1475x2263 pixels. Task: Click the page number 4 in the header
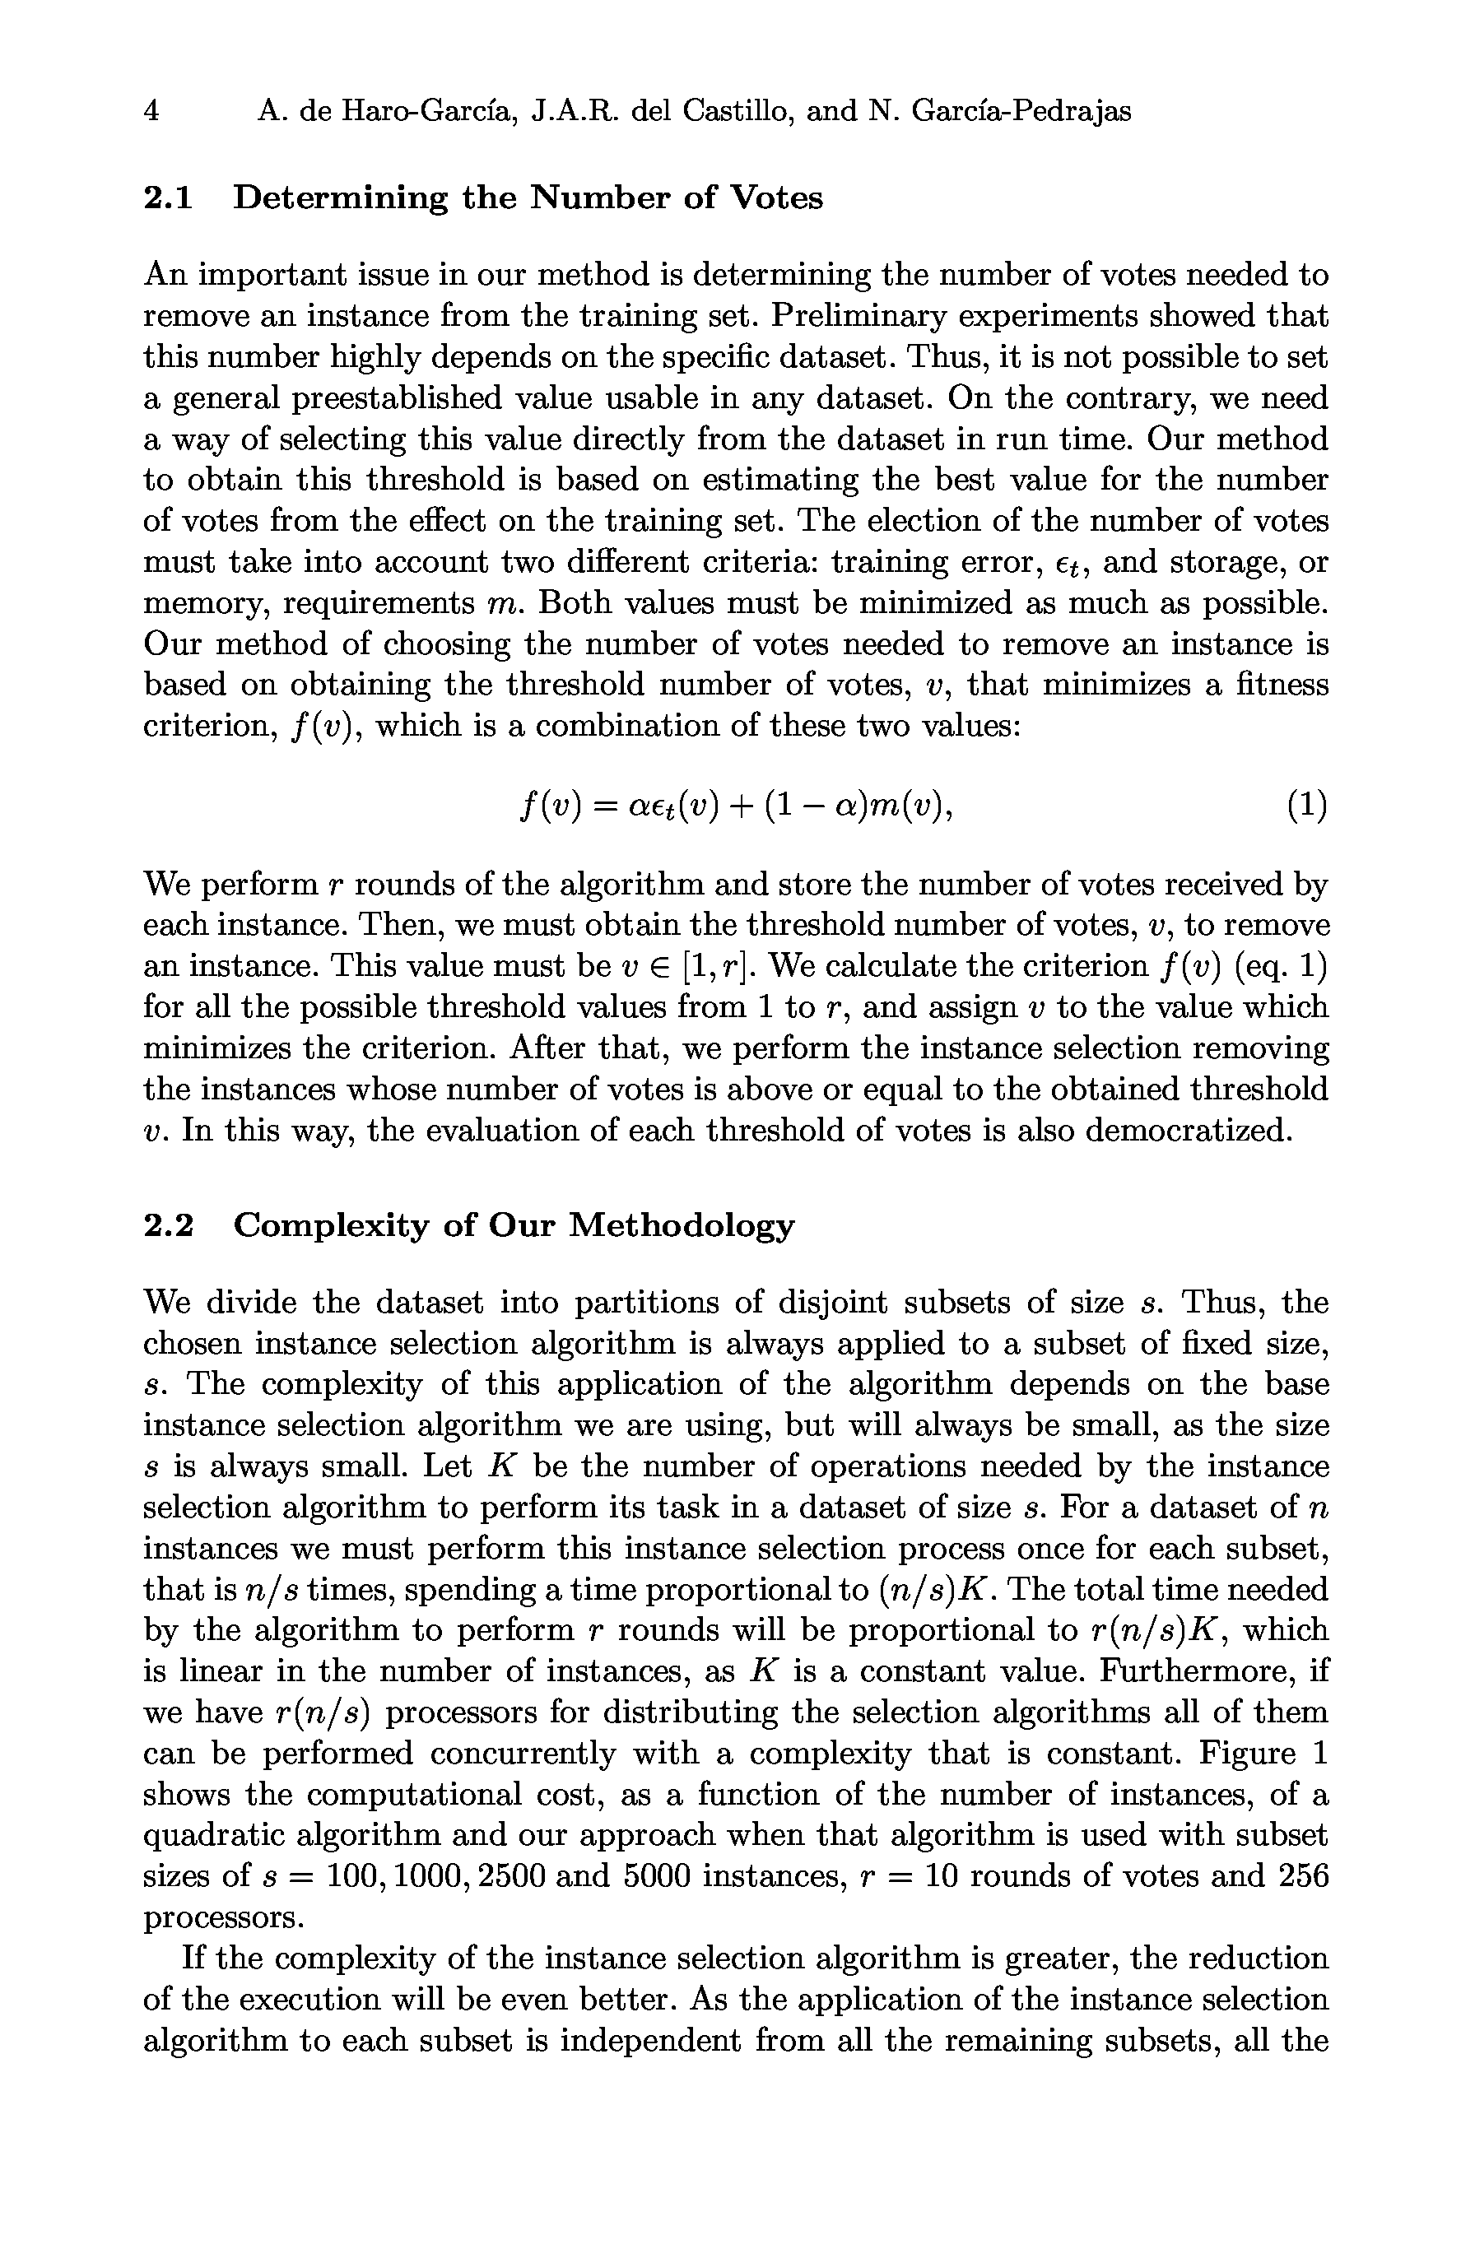(x=151, y=112)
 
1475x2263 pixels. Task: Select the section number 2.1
(x=167, y=197)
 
